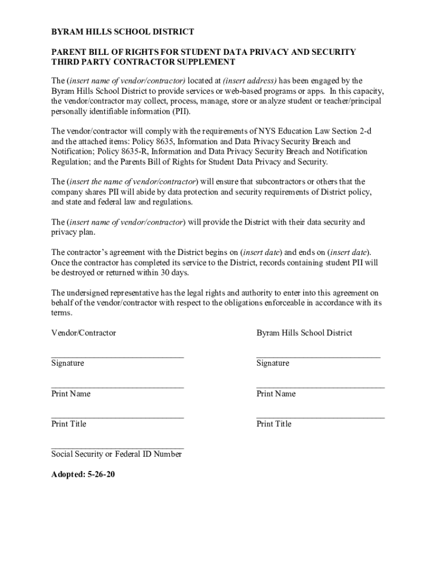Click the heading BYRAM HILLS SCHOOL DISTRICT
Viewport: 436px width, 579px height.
pos(123,32)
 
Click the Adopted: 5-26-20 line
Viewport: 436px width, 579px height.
pos(83,474)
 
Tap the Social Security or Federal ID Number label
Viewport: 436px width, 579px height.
pos(117,454)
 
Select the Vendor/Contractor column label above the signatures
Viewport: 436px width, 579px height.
pos(84,333)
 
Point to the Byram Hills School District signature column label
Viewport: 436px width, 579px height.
pos(304,333)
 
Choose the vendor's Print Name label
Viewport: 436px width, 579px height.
pos(71,394)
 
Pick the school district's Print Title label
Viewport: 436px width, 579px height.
pos(274,424)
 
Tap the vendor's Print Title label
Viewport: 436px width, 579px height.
pos(69,424)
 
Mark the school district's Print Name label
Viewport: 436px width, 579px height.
pos(276,394)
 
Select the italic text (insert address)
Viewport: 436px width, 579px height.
pos(250,80)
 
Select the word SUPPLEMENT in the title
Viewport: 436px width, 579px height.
pos(202,62)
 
